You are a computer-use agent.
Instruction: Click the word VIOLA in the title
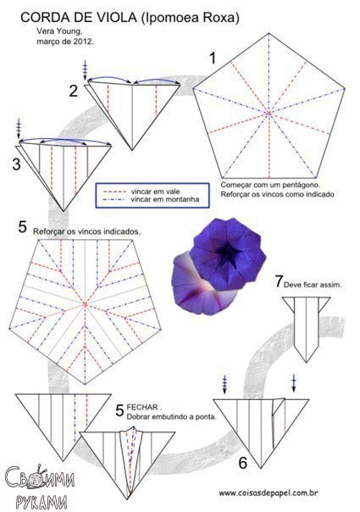click(x=120, y=18)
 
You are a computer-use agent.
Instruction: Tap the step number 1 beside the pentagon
click(x=213, y=58)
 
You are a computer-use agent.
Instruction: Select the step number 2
click(x=74, y=91)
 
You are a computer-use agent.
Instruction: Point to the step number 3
click(x=17, y=164)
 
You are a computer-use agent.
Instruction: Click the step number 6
click(x=243, y=463)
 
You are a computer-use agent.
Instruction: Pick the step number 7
click(x=279, y=281)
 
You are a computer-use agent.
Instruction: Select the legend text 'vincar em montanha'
click(x=165, y=199)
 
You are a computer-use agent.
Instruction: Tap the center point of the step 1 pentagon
click(x=269, y=114)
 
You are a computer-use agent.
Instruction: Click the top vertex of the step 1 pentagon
click(x=269, y=33)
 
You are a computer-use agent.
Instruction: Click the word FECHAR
click(x=142, y=407)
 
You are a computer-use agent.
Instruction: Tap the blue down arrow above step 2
click(x=86, y=70)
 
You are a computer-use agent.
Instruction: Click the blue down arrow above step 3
click(x=19, y=128)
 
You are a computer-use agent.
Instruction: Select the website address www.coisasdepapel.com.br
click(x=269, y=493)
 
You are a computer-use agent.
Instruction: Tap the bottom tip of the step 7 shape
click(x=306, y=362)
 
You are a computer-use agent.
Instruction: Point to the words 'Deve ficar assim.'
click(x=313, y=285)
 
